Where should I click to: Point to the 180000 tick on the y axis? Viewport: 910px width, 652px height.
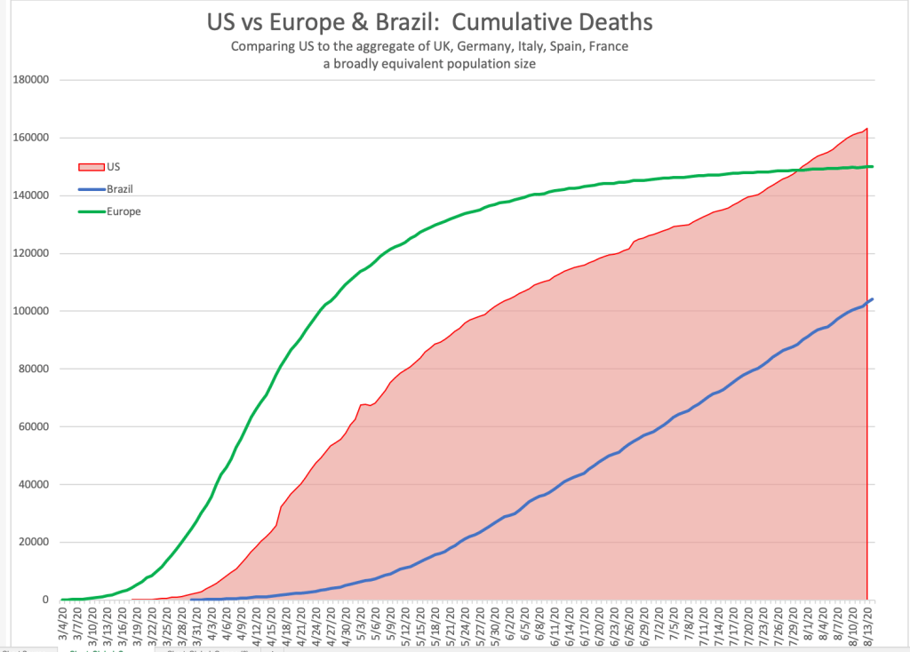pyautogui.click(x=31, y=80)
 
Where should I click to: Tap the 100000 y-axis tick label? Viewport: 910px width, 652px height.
pyautogui.click(x=31, y=311)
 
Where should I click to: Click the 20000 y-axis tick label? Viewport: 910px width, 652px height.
pyautogui.click(x=34, y=543)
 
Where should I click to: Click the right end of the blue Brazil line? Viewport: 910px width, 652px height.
pyautogui.click(x=873, y=299)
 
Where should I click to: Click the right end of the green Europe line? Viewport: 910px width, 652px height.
pyautogui.click(x=873, y=166)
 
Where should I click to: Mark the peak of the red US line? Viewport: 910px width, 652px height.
pyautogui.click(x=866, y=129)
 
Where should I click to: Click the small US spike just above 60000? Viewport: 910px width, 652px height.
pyautogui.click(x=363, y=404)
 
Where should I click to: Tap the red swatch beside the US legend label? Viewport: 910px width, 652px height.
pyautogui.click(x=92, y=166)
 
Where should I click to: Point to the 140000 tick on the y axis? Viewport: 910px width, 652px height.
pyautogui.click(x=31, y=195)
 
